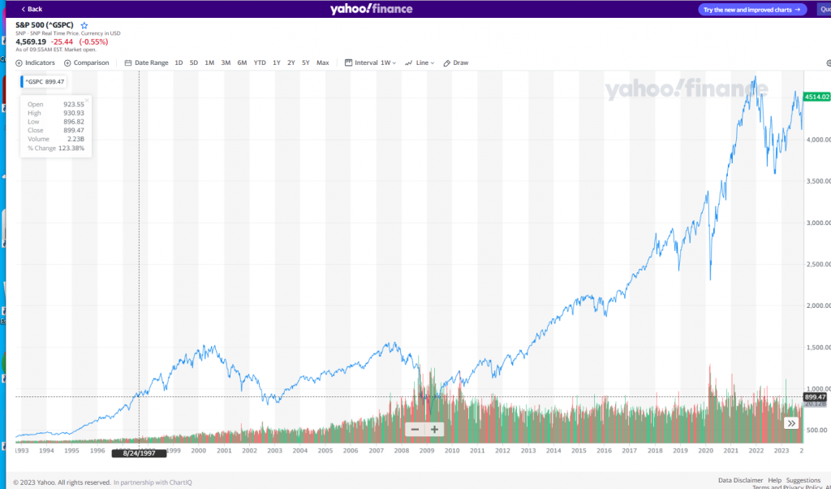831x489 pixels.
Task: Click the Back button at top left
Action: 32,9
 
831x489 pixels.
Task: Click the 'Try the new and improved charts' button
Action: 752,10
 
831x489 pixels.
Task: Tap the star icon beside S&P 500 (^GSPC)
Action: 84,25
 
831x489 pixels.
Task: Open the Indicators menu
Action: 36,63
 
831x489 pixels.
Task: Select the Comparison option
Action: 87,63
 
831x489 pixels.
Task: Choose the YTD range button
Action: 260,63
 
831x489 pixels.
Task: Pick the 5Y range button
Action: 306,63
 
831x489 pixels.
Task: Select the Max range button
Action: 323,63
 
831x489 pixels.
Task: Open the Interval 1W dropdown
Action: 371,63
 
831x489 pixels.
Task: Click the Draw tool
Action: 457,63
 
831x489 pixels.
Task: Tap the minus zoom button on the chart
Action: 415,429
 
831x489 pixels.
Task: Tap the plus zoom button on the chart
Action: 434,429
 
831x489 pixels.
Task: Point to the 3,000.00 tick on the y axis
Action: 816,223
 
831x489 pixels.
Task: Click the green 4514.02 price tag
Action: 816,97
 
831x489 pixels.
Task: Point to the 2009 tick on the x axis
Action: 427,450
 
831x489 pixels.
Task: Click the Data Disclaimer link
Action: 740,480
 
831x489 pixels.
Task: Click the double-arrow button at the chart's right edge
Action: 790,423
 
